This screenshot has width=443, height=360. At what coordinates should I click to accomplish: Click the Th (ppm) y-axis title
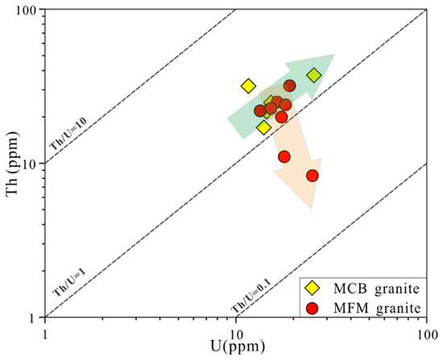[13, 163]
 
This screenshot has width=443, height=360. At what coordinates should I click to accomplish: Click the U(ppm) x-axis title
[238, 346]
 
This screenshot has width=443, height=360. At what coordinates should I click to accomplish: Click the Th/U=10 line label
[68, 134]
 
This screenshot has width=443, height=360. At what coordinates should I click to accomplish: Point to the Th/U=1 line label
[69, 283]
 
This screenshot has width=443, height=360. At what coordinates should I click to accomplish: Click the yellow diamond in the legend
[313, 288]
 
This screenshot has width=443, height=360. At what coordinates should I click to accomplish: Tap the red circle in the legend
[313, 308]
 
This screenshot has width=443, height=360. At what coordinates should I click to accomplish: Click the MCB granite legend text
[376, 289]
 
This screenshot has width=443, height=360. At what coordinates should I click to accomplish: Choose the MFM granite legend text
[377, 308]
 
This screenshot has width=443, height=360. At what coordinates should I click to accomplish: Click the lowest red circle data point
[313, 176]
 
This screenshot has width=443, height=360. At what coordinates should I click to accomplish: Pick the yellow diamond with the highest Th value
[314, 75]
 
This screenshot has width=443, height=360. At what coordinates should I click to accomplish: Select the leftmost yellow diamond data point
[248, 86]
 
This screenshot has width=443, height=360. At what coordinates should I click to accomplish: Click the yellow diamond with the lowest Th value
[264, 128]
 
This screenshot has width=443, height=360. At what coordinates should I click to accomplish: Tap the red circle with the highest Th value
[290, 85]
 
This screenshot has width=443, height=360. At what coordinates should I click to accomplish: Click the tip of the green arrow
[335, 54]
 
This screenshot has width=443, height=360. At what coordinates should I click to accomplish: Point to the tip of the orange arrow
[312, 209]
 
